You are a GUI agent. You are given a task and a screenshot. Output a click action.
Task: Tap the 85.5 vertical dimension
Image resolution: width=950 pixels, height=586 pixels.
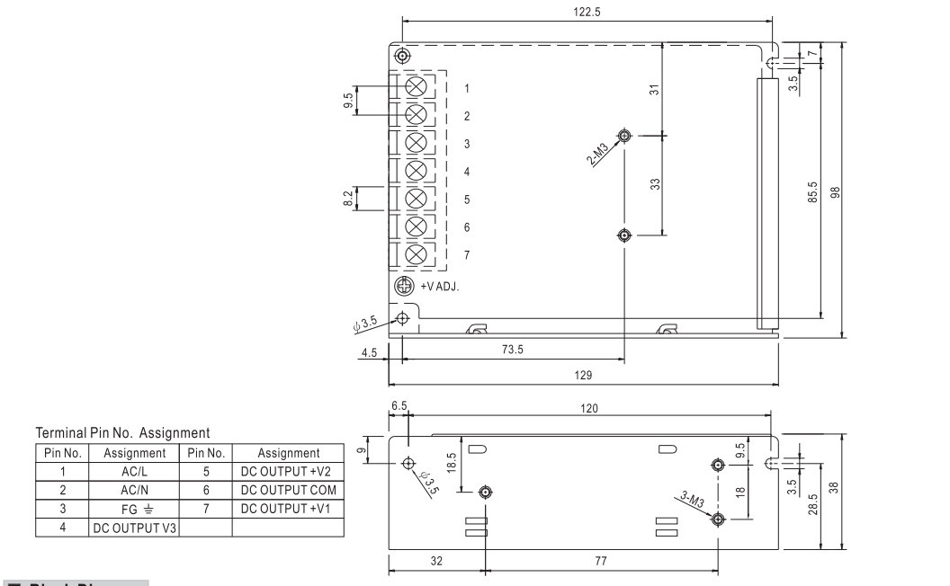pos(813,191)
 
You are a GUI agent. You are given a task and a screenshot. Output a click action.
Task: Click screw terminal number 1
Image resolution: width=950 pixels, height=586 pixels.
pos(417,87)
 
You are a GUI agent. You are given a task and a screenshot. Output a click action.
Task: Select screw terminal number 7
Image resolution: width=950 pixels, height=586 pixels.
pos(417,254)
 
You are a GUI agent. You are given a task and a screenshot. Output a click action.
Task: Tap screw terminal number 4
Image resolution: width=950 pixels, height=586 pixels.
pos(417,171)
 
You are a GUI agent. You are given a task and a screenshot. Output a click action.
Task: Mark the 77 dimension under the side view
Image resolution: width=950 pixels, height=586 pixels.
pos(601,561)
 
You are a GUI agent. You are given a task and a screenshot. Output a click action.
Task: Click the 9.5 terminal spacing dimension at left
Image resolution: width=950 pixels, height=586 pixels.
pos(349,101)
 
